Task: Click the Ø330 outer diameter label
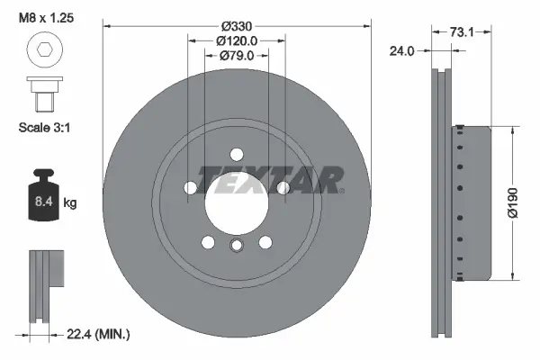tap(237, 26)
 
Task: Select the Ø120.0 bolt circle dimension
tap(237, 41)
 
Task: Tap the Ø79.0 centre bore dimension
tap(237, 56)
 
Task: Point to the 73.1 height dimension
tap(462, 32)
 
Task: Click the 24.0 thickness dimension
tap(401, 51)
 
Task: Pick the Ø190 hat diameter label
tap(513, 202)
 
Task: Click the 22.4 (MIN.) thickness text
tap(98, 334)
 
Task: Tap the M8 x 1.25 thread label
tap(46, 18)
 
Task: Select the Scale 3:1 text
tap(44, 128)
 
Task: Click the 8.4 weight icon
tap(43, 194)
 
